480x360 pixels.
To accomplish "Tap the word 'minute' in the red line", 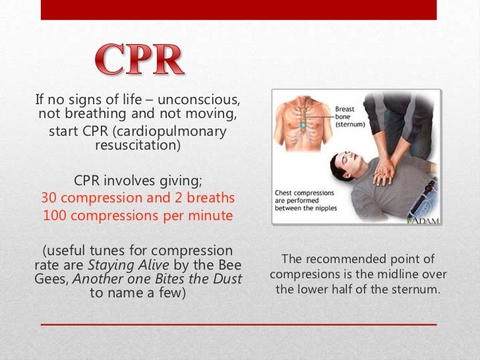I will pos(209,215).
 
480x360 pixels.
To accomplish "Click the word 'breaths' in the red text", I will pos(210,198).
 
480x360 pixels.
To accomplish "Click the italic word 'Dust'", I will pos(229,279).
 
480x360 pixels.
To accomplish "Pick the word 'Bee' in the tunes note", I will pos(229,265).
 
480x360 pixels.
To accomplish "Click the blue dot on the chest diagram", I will pos(303,123).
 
